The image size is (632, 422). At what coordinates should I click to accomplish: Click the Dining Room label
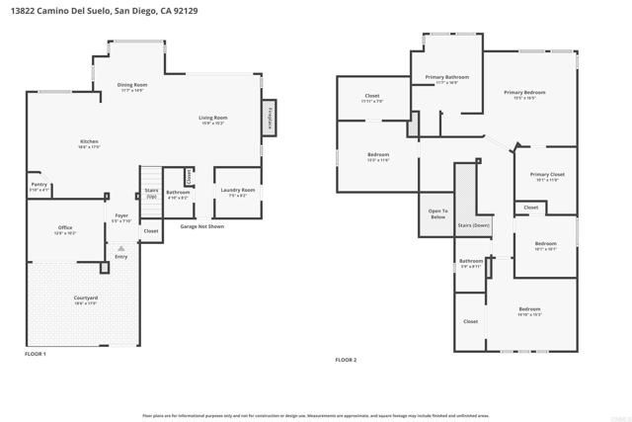(x=131, y=87)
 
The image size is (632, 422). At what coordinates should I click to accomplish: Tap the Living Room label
(x=213, y=119)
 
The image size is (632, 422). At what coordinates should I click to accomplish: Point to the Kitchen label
(x=89, y=143)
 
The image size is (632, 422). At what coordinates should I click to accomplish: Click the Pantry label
(x=39, y=185)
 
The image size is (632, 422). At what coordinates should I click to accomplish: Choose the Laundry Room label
(x=238, y=191)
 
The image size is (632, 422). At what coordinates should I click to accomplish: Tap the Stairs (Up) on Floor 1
(x=151, y=192)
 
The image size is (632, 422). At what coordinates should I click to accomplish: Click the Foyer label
(x=121, y=216)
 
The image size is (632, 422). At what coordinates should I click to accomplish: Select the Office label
(x=65, y=229)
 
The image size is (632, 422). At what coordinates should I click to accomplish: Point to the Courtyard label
(x=85, y=299)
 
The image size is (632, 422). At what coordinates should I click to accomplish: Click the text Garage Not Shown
(x=201, y=226)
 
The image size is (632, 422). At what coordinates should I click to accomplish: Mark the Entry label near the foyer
(x=120, y=257)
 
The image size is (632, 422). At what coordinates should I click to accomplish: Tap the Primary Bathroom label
(x=446, y=78)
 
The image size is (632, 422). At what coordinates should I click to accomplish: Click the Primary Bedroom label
(x=524, y=94)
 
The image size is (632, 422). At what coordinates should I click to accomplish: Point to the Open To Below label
(x=437, y=213)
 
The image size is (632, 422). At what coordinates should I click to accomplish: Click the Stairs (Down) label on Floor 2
(x=474, y=225)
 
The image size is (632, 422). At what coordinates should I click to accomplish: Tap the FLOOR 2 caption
(x=345, y=360)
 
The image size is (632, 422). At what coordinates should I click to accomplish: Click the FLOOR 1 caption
(x=36, y=353)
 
